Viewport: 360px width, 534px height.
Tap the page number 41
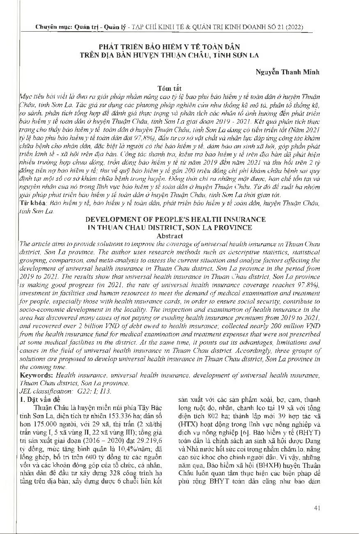pos(317,509)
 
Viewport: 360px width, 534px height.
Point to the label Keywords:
pos(37,375)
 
